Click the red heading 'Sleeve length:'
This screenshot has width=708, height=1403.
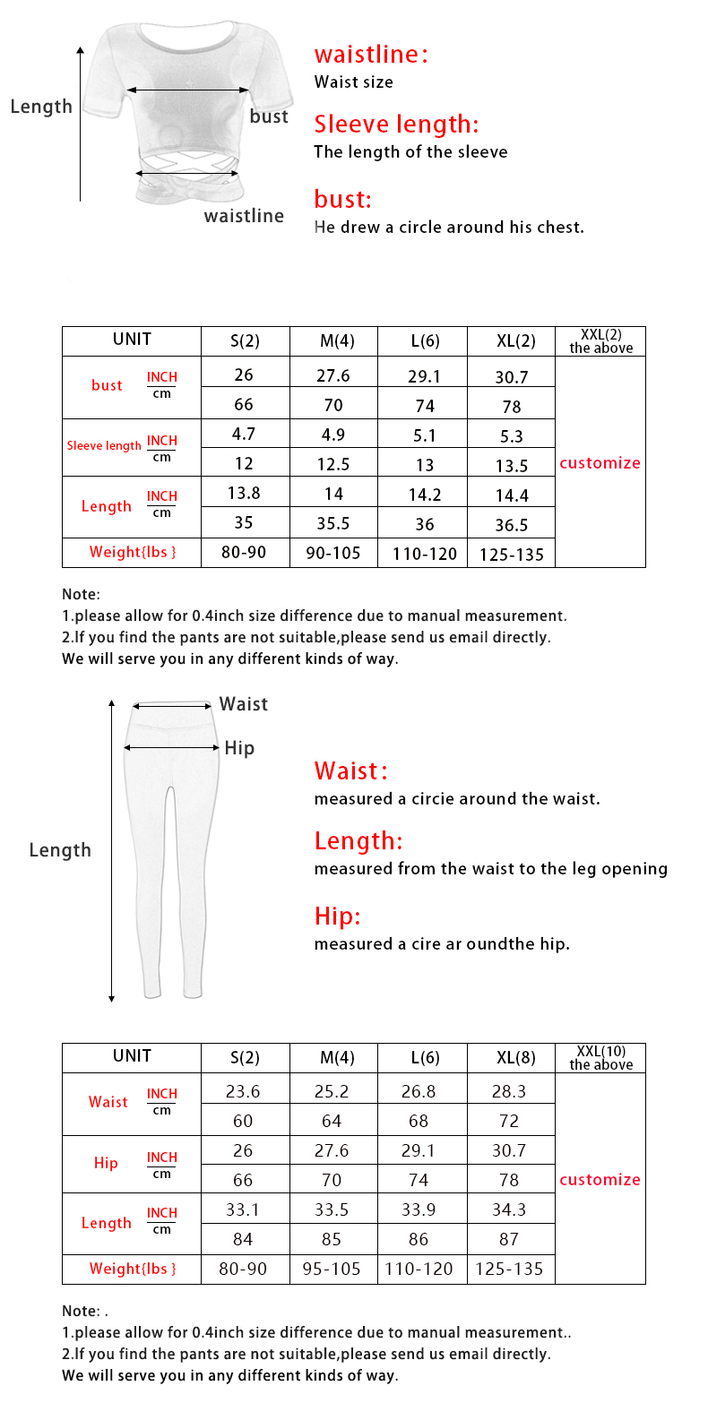click(x=396, y=124)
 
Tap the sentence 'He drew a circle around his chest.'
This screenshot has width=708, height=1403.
click(x=448, y=227)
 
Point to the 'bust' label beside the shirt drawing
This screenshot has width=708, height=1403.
click(x=269, y=116)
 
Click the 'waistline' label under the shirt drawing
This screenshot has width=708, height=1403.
click(x=244, y=216)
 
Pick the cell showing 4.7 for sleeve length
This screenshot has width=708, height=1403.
click(x=244, y=435)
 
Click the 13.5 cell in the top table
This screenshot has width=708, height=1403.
click(x=512, y=465)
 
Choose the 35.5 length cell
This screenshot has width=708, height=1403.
click(x=333, y=522)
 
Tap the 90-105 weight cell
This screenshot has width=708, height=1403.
click(x=333, y=553)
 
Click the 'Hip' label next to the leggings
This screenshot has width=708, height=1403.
click(x=239, y=748)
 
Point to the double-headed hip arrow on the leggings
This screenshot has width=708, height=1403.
click(x=172, y=747)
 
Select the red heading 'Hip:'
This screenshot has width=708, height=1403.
click(x=337, y=916)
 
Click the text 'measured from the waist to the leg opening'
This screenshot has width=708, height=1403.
click(x=490, y=868)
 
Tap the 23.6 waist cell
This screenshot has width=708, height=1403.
click(x=243, y=1091)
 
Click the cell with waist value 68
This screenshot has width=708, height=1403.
click(x=425, y=1121)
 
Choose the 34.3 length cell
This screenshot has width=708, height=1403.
click(x=510, y=1209)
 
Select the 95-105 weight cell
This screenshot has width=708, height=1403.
click(x=333, y=1269)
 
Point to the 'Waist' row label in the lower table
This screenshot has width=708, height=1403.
click(x=108, y=1102)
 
